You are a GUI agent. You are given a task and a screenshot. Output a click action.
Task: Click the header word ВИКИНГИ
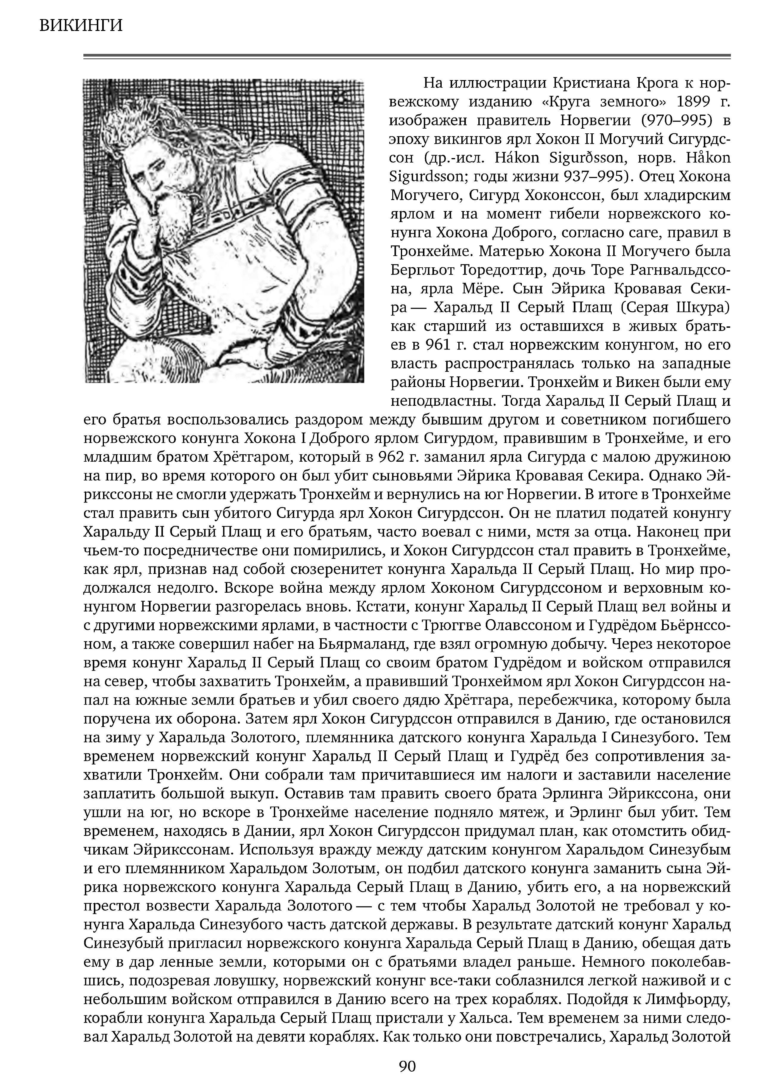pyautogui.click(x=81, y=25)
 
